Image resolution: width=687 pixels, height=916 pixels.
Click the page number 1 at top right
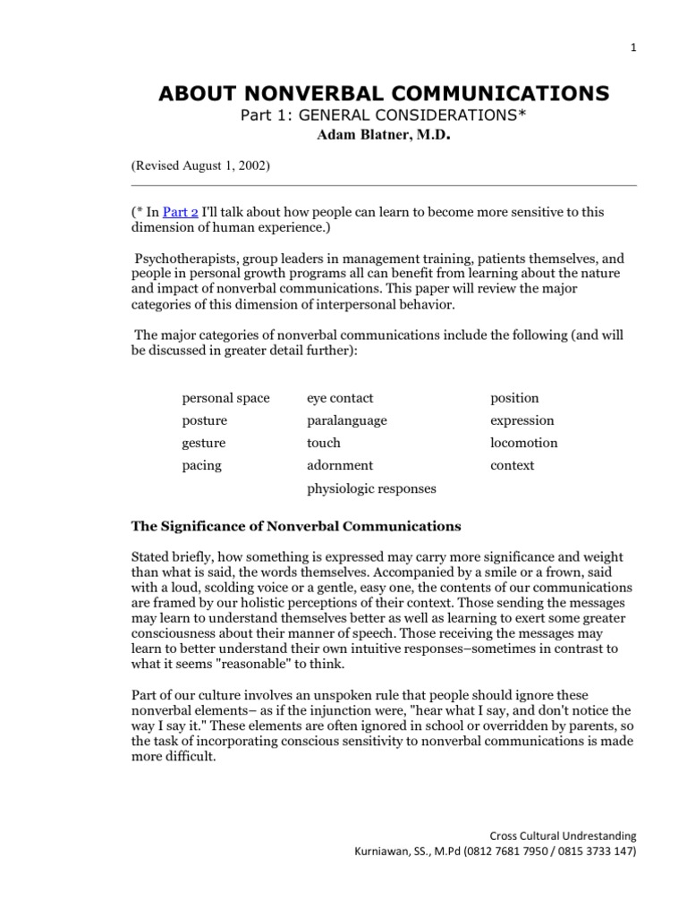point(632,49)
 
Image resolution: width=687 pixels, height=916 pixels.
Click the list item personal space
point(225,398)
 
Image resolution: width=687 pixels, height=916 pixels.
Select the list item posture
point(204,420)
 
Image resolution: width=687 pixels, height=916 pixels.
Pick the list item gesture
point(204,443)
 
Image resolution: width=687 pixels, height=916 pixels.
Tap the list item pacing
point(201,465)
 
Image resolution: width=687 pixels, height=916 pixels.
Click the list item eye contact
point(340,398)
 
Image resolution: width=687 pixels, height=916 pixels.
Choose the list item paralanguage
point(347,420)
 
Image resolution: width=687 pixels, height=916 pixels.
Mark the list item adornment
point(340,465)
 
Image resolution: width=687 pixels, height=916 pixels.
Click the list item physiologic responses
point(371,488)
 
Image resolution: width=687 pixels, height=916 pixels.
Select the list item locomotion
point(523,443)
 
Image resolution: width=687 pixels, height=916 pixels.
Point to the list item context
point(512,465)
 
